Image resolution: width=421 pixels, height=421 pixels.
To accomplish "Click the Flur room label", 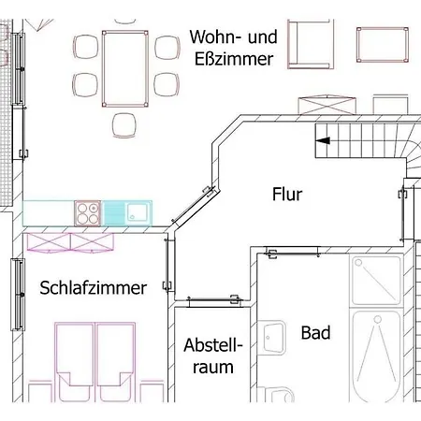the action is tap(287, 194).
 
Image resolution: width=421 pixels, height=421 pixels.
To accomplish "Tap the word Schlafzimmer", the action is tap(93, 287).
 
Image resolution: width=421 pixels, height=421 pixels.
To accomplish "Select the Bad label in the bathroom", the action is tap(315, 332).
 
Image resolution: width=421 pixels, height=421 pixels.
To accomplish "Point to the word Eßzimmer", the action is tap(234, 59).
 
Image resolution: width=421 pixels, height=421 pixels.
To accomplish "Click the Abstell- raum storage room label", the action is tap(213, 356).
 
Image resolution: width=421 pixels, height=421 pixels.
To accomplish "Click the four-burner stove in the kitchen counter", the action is tap(88, 213).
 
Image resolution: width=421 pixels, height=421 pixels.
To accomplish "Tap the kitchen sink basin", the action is tap(137, 212).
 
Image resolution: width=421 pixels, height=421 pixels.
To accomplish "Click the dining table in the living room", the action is tap(125, 68).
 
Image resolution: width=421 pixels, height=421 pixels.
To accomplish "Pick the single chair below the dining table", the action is tap(124, 125).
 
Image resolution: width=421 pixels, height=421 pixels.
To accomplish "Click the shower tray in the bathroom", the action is tap(376, 281).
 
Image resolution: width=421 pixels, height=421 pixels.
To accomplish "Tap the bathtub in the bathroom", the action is tap(376, 356).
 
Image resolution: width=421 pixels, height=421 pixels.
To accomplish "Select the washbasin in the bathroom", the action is tap(274, 338).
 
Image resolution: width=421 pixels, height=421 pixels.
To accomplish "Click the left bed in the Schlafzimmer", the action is tap(75, 362).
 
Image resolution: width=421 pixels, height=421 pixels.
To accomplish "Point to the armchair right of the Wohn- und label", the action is tap(311, 44).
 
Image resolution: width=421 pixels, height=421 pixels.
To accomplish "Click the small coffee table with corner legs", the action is tap(383, 45).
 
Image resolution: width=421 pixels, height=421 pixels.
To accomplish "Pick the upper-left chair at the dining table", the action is tap(85, 47).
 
